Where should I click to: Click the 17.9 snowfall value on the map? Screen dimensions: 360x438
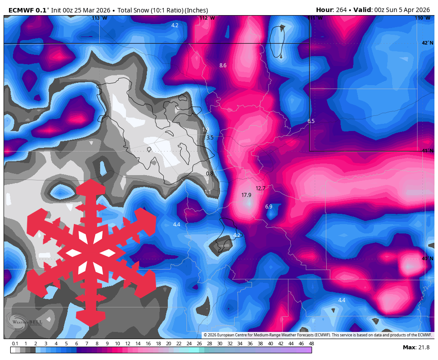click(246, 195)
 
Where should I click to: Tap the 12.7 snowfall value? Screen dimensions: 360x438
click(260, 188)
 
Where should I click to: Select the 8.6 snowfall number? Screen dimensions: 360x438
click(223, 65)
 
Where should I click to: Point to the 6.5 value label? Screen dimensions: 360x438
click(311, 121)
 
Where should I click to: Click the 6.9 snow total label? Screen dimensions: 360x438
click(268, 207)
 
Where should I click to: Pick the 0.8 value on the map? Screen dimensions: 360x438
click(210, 174)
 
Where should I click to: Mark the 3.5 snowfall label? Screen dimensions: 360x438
click(210, 138)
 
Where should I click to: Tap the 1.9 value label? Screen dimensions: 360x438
click(205, 130)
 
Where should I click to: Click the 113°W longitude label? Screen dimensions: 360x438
click(99, 18)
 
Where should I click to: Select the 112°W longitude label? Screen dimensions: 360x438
click(207, 18)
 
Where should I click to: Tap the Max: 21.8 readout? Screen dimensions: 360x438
click(416, 348)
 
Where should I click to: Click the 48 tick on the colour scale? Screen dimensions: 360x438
click(311, 344)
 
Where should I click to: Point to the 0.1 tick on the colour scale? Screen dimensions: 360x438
click(15, 344)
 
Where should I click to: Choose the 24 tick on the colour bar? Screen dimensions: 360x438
click(189, 344)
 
